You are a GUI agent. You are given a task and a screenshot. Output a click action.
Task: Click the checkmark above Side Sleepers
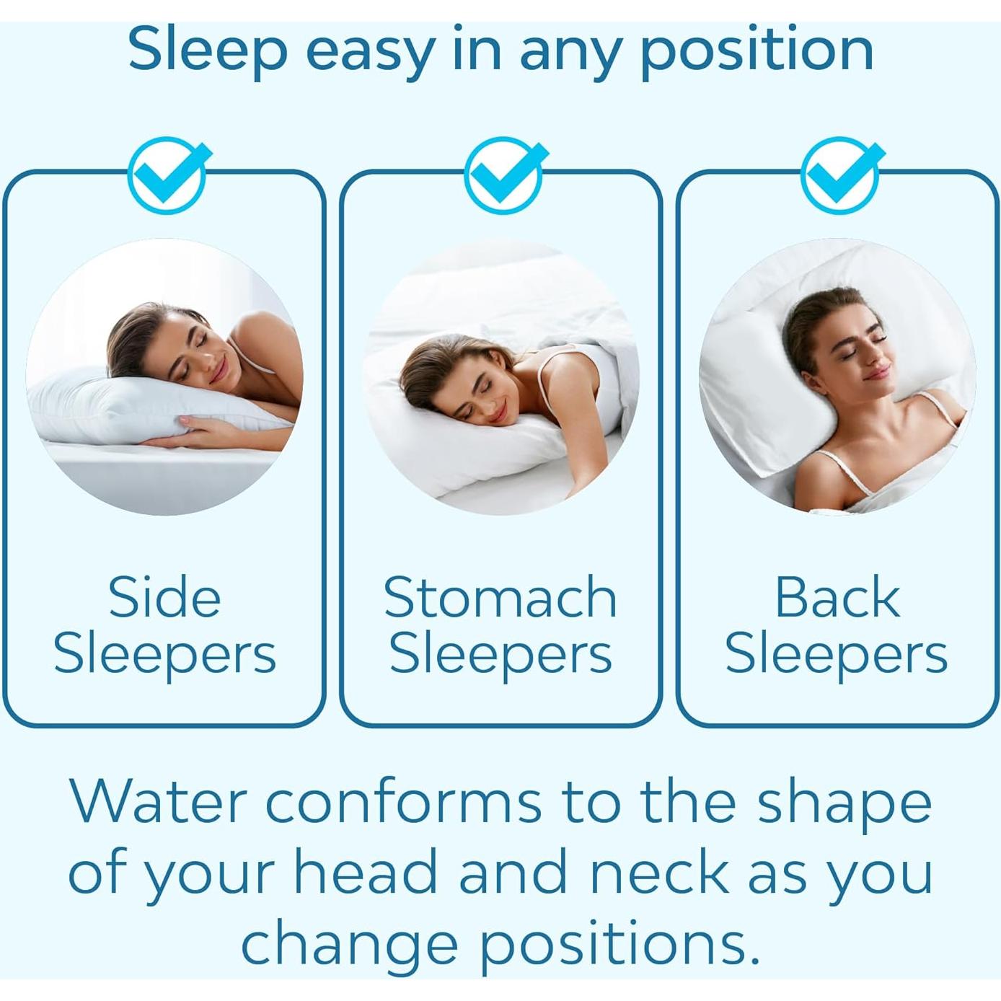coord(167,175)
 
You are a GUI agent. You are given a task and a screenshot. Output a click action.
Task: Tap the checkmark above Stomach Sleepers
coord(504,175)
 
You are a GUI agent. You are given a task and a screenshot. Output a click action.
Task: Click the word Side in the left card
coord(164,598)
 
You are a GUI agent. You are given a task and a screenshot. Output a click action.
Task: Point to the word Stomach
coord(500,598)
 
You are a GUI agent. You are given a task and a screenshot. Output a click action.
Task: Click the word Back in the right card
coord(837,598)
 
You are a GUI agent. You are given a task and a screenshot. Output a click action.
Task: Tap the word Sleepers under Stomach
coord(500,655)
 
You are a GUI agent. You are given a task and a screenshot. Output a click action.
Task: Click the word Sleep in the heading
coord(208,49)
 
